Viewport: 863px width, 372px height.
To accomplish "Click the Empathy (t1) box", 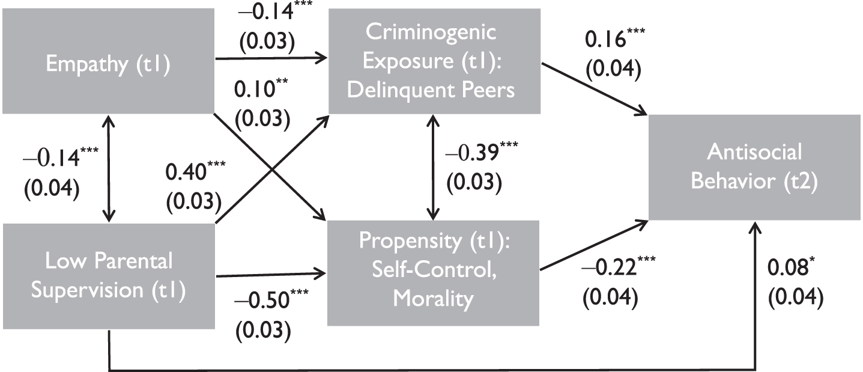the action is [108, 61].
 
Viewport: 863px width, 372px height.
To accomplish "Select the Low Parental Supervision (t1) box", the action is [109, 276].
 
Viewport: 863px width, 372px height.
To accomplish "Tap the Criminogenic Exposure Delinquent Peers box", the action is [434, 61].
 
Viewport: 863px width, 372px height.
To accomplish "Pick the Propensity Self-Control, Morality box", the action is [433, 273].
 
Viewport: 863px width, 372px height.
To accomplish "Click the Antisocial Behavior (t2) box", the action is [754, 167].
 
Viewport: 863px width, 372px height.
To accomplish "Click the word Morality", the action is [433, 299].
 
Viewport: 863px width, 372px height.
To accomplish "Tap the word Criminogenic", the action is [431, 32].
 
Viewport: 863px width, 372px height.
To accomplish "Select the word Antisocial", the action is [754, 151].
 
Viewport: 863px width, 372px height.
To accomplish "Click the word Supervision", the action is [87, 290].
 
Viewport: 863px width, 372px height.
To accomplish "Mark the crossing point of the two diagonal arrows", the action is [272, 169].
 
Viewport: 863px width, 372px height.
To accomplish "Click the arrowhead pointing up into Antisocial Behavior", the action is [755, 228].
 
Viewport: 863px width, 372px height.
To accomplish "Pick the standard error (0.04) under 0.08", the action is [796, 296].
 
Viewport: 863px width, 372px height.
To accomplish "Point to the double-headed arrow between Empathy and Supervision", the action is [109, 168].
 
